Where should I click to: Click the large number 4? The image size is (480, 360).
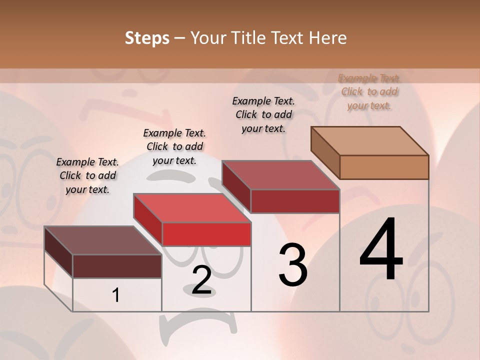pos(381,250)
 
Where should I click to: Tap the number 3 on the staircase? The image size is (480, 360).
pos(293,265)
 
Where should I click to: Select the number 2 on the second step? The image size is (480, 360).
pos(201,280)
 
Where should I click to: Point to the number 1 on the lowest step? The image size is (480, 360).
pos(116,295)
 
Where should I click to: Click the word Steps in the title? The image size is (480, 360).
pos(147,38)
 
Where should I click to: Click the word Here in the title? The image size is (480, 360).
pos(327,38)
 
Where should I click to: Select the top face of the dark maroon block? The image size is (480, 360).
pos(102,240)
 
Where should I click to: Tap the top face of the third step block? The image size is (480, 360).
pos(280,175)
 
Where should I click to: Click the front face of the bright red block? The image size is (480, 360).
pos(206,234)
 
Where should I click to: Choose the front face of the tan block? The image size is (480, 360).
pos(384,167)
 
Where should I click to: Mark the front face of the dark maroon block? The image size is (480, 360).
pos(117,266)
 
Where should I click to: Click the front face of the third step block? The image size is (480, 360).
pos(295,201)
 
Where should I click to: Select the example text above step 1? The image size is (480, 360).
pos(87,175)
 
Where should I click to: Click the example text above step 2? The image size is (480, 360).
pos(174,146)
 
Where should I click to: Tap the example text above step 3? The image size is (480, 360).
pos(263,114)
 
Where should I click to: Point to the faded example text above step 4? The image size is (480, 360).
pos(369,91)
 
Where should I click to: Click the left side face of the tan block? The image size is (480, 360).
pos(325,152)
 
